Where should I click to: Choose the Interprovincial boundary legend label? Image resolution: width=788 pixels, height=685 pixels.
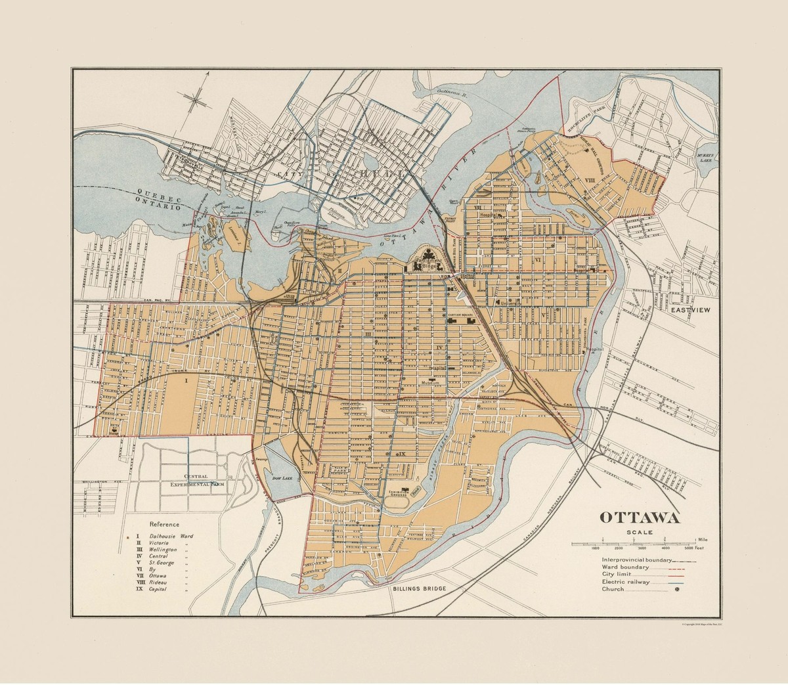636,559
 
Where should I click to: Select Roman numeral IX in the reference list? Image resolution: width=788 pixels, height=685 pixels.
139,589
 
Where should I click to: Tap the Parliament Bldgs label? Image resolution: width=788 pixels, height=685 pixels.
427,264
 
